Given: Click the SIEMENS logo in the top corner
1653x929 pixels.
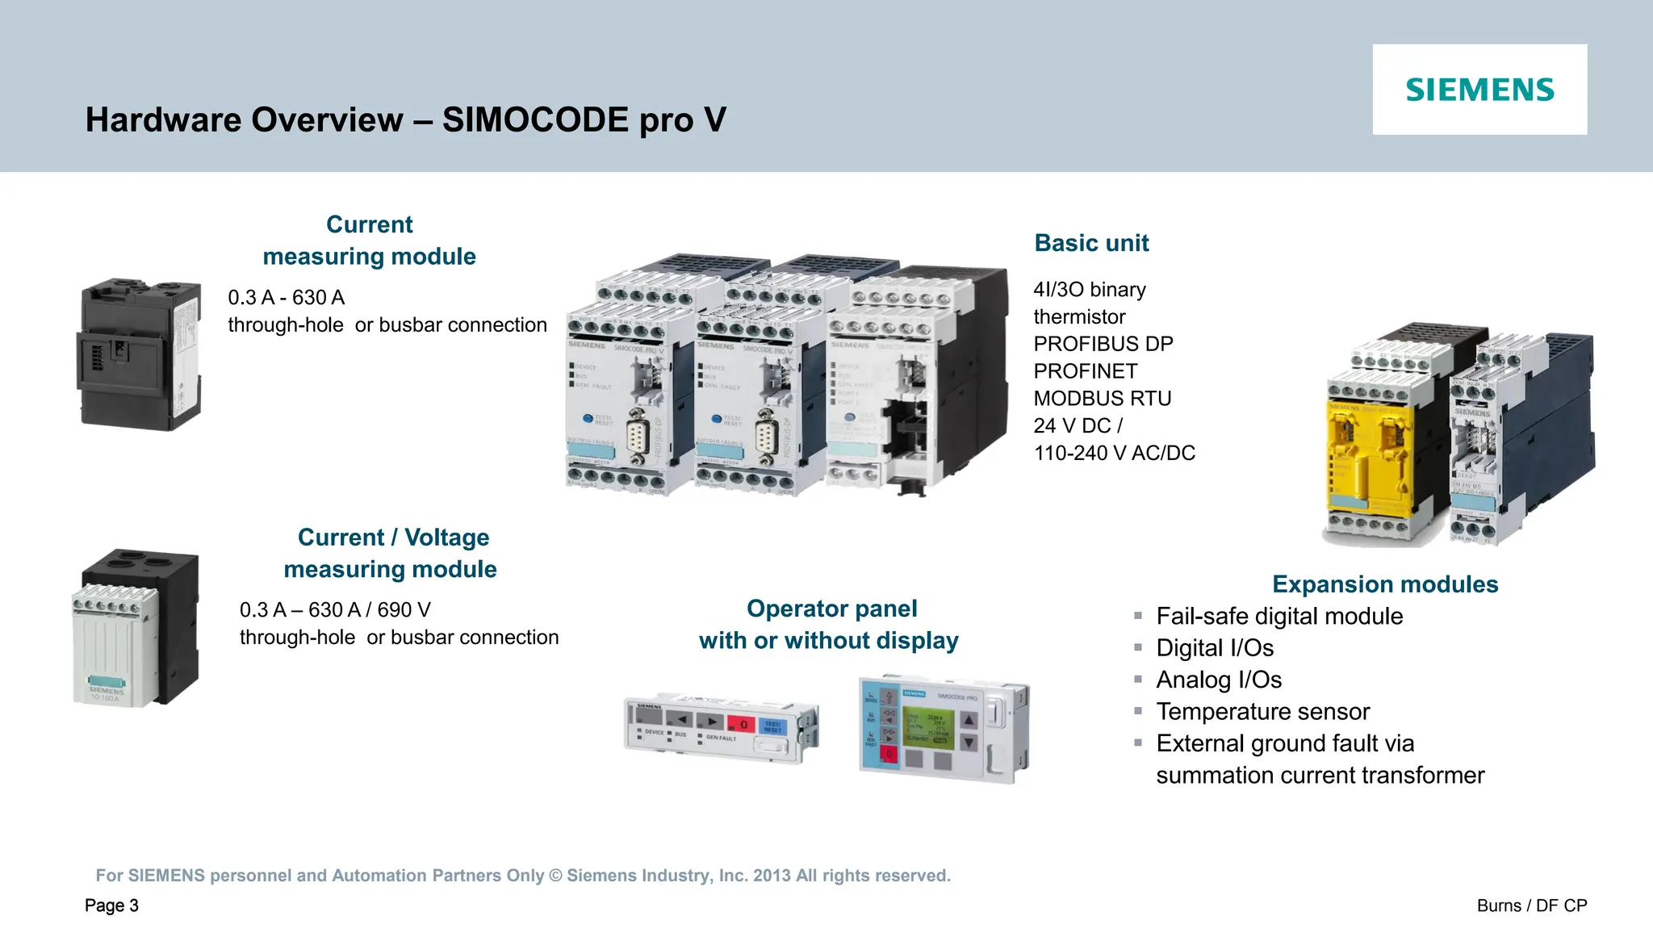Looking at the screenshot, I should coord(1479,90).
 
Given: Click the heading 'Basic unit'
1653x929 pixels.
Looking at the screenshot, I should coord(1091,243).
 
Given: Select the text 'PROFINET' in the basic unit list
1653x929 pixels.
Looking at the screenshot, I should coord(1085,371).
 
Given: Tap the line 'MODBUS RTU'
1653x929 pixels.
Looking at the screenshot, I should coord(1102,399).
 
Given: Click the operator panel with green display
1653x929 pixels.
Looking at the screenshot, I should coord(944,727).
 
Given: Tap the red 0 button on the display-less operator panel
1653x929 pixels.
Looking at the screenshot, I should coord(743,724).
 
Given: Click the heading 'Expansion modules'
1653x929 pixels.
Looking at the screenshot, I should coord(1384,584).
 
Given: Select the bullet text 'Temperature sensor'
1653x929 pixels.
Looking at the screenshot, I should coord(1262,712).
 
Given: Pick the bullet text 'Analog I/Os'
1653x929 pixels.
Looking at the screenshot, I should coord(1218,680).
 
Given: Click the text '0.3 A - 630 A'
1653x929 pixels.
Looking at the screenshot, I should coord(286,298).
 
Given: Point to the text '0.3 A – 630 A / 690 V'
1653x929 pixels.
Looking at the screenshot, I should coord(335,610).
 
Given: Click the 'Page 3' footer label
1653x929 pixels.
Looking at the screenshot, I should coord(111,906).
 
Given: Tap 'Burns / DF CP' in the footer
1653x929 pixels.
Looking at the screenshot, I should coord(1531,906).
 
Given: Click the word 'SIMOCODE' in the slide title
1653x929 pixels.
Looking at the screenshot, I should coord(535,120).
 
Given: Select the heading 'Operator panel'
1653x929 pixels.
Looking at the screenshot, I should coord(831,609).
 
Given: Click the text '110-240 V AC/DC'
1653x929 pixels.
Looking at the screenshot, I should coord(1114,454).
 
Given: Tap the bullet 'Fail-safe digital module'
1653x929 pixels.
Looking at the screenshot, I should coord(1278,617).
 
